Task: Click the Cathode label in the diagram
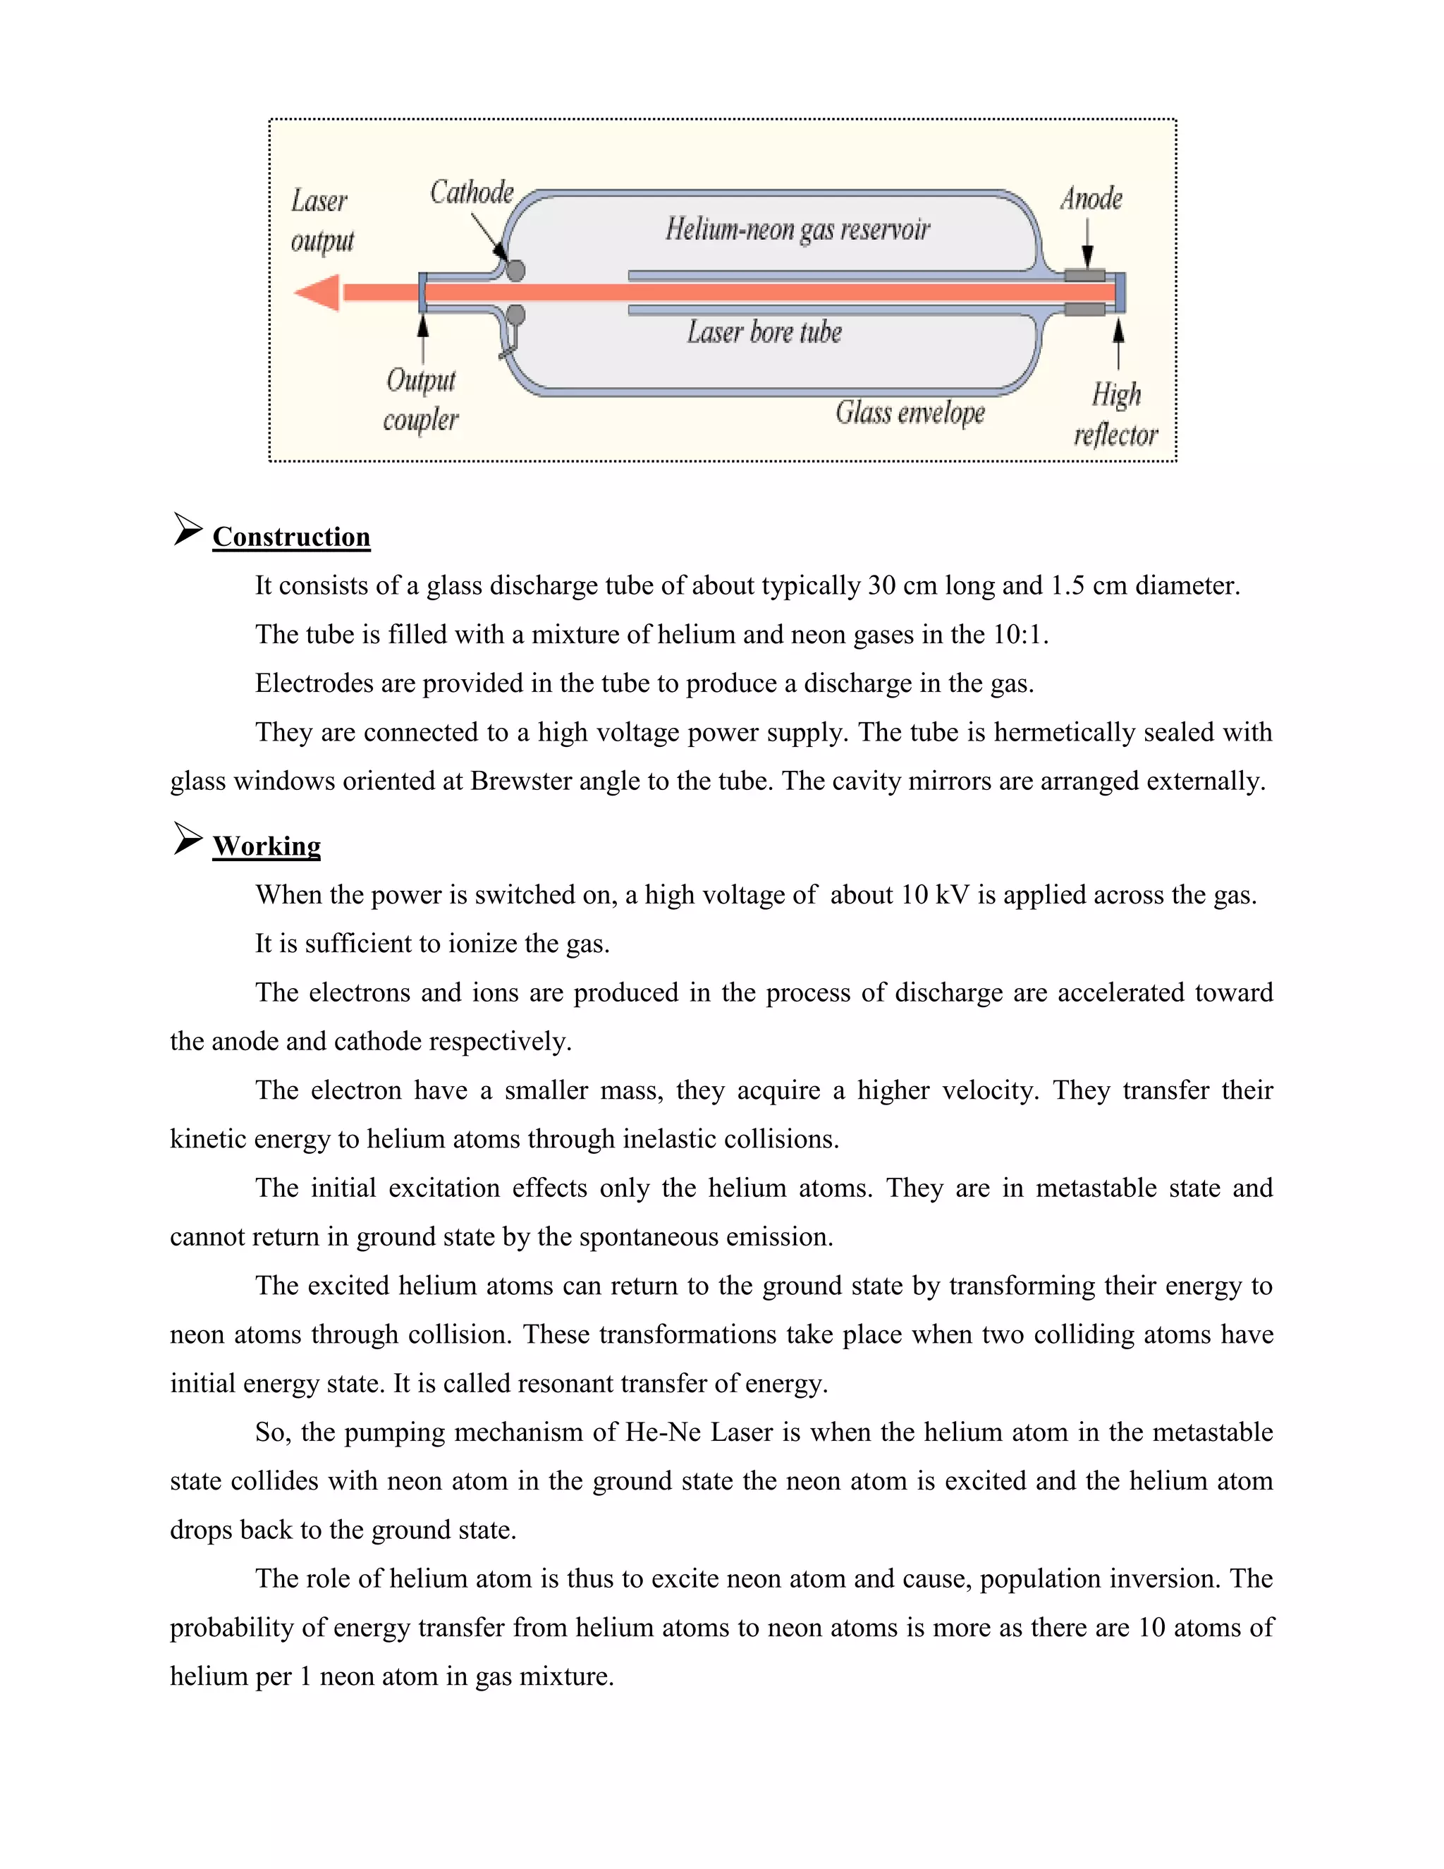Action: pos(472,193)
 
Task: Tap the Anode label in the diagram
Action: pos(1091,199)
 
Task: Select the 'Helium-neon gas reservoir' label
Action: pos(797,229)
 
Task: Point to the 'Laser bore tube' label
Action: pos(764,332)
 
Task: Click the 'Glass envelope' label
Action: pos(910,413)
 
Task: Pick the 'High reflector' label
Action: pos(1115,415)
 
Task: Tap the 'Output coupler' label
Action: pos(420,400)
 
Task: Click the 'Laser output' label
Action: pos(321,221)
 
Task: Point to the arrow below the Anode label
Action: pos(1087,245)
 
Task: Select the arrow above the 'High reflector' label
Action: pos(1118,341)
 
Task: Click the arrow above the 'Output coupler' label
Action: pos(422,337)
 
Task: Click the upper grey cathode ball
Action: pos(515,270)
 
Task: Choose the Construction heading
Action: pos(291,537)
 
